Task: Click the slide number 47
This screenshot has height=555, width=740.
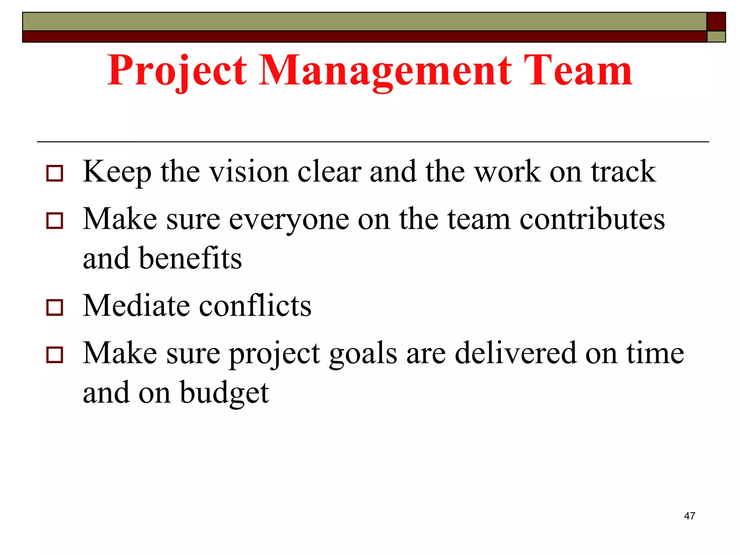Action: click(689, 516)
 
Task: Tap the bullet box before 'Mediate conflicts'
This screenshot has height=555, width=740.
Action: click(55, 307)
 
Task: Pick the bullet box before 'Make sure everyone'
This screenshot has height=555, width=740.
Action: click(55, 221)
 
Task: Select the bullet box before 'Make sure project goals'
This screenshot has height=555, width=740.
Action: click(55, 355)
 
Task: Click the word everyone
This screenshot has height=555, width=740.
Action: click(289, 220)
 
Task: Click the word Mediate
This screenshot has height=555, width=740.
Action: click(136, 306)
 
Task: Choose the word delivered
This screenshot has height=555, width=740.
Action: click(515, 353)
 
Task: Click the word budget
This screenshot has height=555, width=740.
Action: click(224, 393)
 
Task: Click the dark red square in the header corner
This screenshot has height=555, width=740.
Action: click(716, 22)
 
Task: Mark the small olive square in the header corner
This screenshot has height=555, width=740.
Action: click(716, 36)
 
